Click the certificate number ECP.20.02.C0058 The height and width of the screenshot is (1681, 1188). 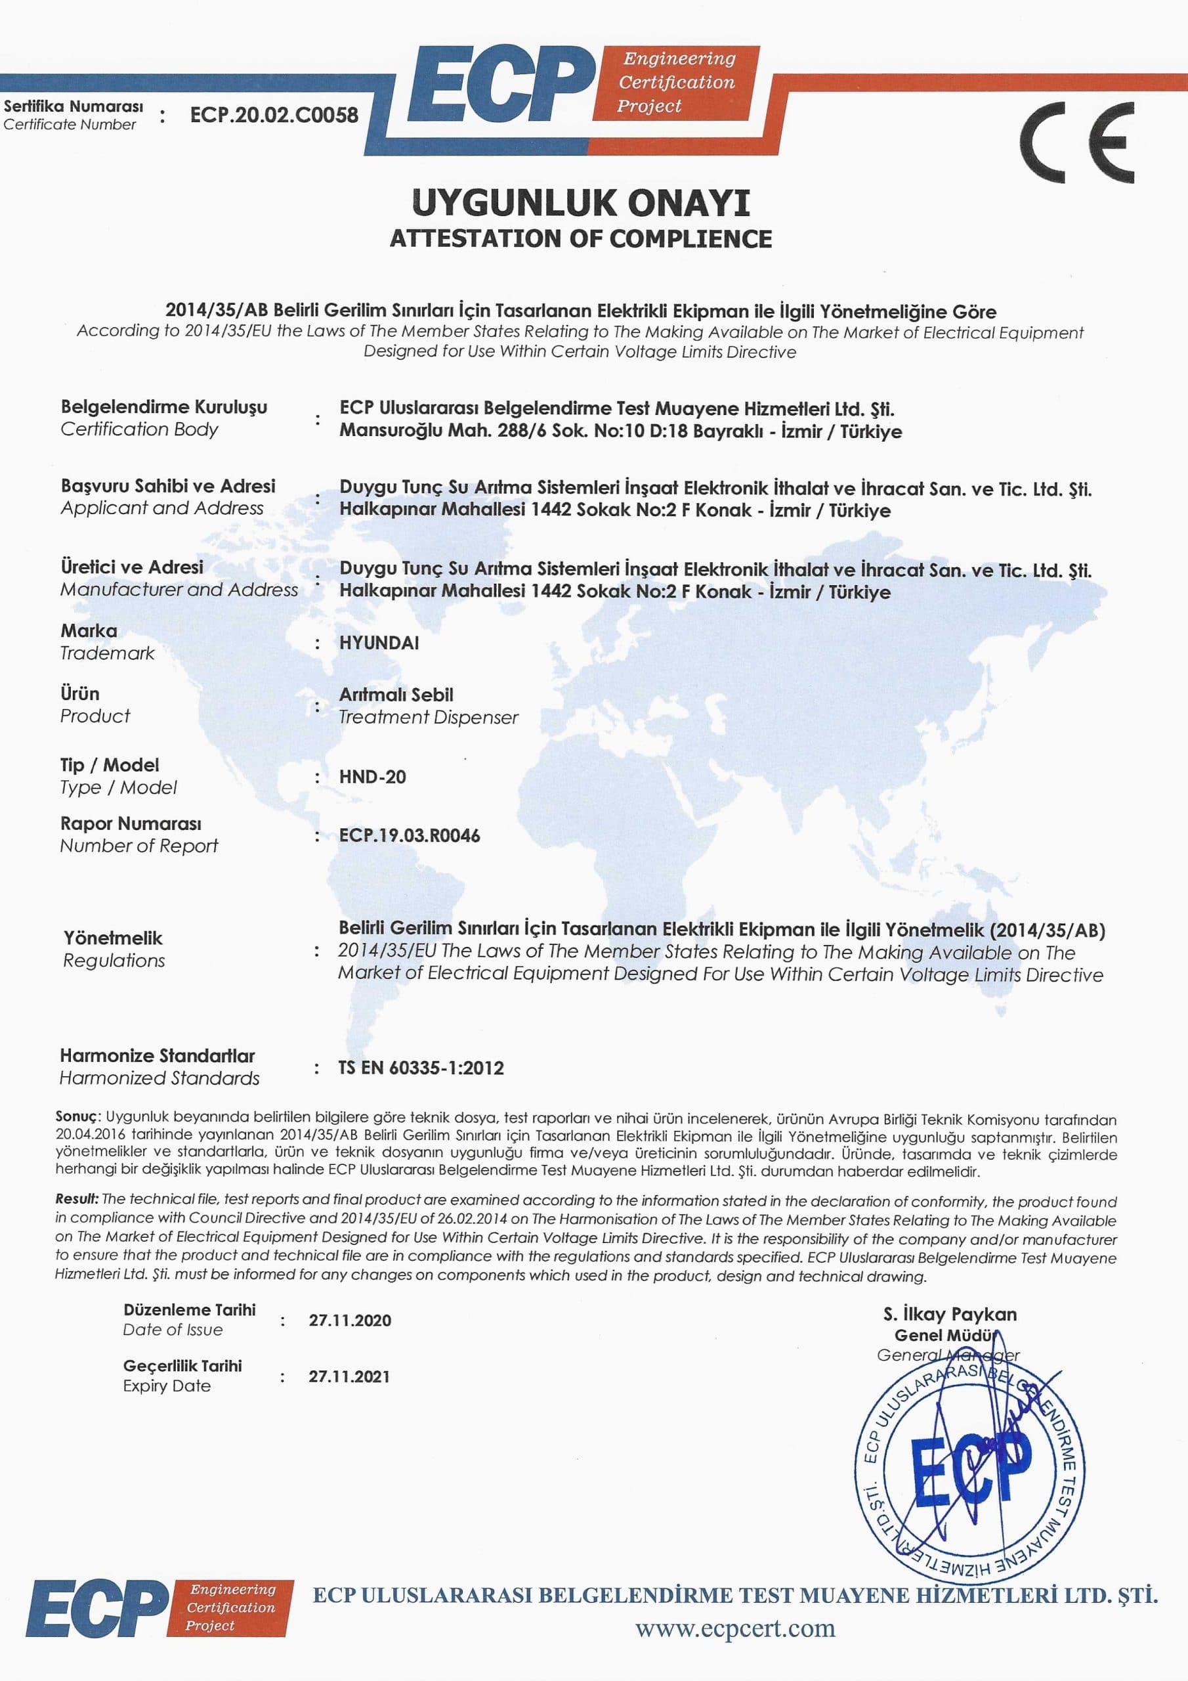(x=274, y=115)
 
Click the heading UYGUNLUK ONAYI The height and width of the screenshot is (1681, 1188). (x=580, y=203)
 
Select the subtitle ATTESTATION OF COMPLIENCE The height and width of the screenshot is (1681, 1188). (x=580, y=238)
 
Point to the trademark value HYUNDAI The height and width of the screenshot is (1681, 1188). (x=379, y=643)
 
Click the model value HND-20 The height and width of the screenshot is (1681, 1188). (x=372, y=777)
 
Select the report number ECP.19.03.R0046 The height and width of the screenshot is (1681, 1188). (x=409, y=835)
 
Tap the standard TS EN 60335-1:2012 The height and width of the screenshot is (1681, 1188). (x=421, y=1068)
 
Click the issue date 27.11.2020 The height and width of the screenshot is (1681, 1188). (x=349, y=1320)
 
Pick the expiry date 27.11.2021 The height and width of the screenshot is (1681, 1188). (x=349, y=1376)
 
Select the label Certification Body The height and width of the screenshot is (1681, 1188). (x=139, y=429)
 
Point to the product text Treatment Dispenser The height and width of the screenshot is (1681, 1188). (x=428, y=718)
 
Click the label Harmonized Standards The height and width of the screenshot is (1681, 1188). (x=159, y=1078)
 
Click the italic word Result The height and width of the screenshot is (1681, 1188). (x=76, y=1199)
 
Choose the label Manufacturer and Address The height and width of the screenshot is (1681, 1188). (x=179, y=590)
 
